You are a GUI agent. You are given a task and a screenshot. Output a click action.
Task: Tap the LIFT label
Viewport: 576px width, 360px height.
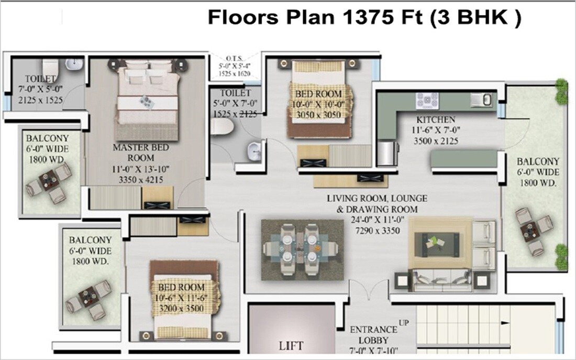(x=292, y=346)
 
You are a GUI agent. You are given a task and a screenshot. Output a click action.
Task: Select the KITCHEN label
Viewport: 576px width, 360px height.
(x=436, y=119)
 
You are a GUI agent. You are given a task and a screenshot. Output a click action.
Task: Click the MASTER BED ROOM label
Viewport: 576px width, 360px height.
(x=141, y=152)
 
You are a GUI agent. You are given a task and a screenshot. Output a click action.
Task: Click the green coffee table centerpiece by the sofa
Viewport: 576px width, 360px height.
(x=435, y=242)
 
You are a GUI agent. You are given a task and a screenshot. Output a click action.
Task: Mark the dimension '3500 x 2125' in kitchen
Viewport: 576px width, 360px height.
(x=436, y=140)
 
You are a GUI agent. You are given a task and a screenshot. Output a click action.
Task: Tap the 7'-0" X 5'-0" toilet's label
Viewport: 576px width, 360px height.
(x=38, y=89)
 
